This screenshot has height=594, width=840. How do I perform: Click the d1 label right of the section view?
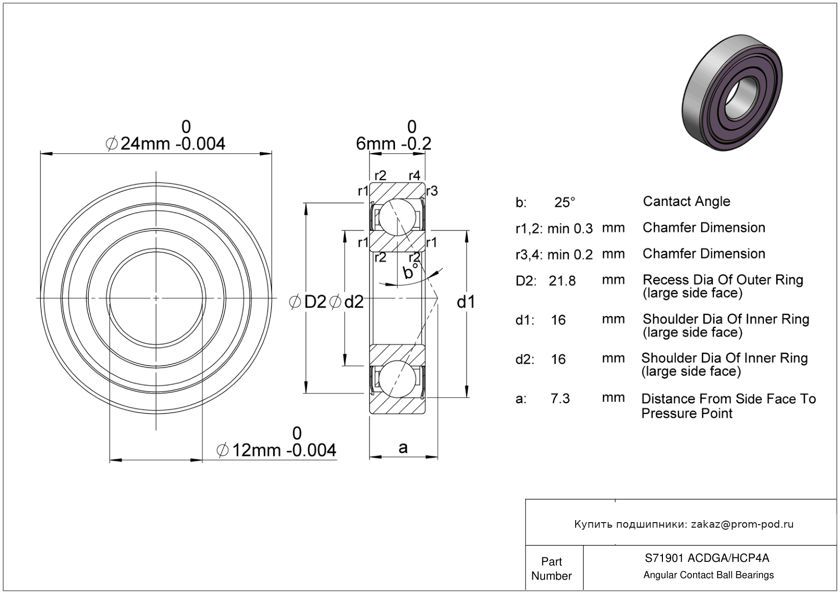coord(466,302)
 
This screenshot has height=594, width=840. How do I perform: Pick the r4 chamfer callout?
coord(414,175)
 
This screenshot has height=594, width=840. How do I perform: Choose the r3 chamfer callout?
coord(432,191)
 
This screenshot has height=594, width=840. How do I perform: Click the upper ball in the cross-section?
coord(397,217)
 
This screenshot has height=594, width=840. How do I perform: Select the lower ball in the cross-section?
coord(397,379)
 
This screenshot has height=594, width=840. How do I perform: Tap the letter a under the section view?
coord(403,448)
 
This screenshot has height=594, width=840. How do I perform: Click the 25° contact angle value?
coord(565,202)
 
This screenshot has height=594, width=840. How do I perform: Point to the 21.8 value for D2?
coord(562,281)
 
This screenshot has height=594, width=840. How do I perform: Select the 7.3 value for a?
coord(560,399)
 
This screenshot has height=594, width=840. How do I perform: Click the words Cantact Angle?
coord(686,201)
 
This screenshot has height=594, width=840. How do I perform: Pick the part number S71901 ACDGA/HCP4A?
coord(707,558)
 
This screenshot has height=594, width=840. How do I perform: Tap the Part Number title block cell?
coord(552,568)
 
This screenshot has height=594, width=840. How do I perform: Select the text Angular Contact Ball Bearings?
coord(708,575)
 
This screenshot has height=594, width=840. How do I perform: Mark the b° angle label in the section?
coord(410,271)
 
